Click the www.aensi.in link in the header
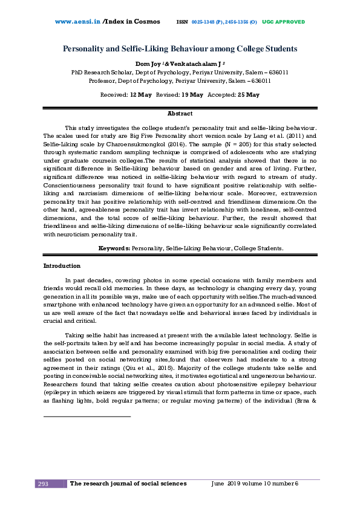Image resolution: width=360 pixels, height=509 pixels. [77, 22]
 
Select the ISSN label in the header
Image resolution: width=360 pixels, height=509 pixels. [182, 22]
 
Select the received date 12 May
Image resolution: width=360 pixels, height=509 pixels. [140, 95]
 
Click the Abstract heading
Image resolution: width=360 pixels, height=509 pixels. [180, 114]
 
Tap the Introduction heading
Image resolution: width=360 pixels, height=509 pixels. [61, 266]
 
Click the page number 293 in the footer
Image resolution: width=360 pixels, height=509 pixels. [44, 484]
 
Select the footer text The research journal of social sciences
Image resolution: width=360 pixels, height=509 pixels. [128, 484]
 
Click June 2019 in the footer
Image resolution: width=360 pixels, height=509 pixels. [225, 484]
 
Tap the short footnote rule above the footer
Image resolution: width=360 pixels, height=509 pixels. [87, 417]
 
